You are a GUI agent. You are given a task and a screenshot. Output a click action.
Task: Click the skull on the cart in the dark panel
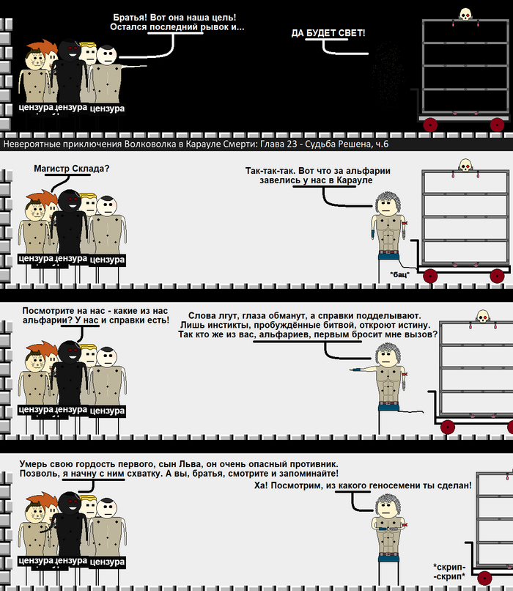tap(465, 15)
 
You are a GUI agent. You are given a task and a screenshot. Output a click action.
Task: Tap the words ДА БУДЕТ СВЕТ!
tap(328, 33)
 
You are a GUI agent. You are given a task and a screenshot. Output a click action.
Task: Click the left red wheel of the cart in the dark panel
tap(430, 125)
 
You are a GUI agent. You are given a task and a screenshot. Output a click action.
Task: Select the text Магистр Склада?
tap(72, 169)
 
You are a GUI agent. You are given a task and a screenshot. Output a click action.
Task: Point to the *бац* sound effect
tap(399, 274)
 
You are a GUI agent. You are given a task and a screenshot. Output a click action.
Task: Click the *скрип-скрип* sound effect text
tap(449, 572)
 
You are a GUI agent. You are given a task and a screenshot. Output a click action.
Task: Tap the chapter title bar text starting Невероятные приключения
tap(196, 144)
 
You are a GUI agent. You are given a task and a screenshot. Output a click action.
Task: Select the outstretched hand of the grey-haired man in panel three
tap(355, 370)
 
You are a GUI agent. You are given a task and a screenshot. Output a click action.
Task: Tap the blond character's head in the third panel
tap(89, 355)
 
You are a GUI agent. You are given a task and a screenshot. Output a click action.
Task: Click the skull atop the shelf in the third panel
tap(483, 316)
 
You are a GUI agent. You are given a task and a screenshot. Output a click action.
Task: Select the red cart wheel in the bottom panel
tap(484, 578)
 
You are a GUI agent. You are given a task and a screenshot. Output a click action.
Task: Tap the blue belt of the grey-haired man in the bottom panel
tap(388, 555)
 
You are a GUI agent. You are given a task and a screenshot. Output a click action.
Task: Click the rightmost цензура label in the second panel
tap(107, 260)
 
